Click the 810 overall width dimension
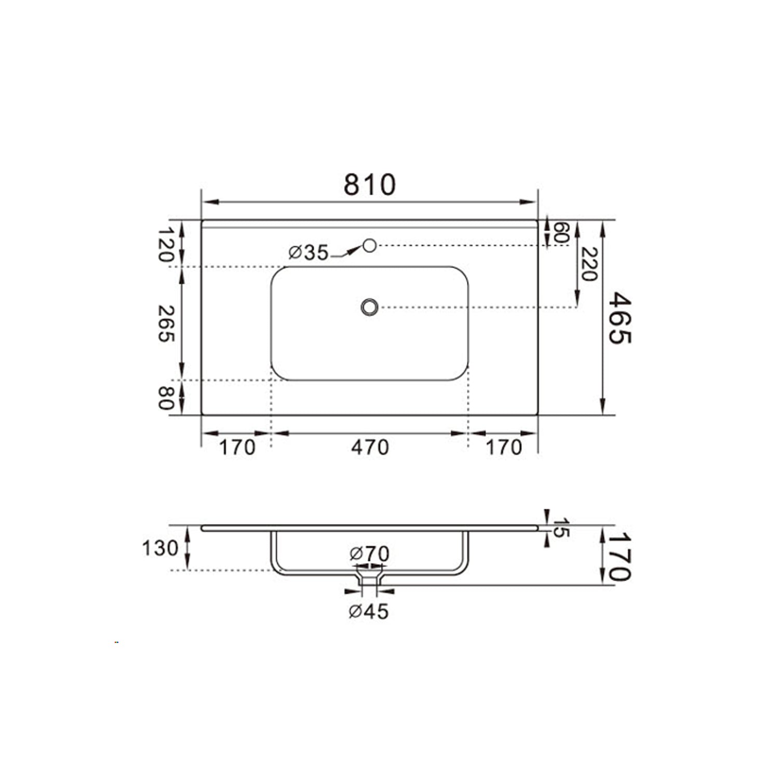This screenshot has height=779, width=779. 369,184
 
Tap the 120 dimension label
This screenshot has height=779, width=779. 165,244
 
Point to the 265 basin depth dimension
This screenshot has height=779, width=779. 165,323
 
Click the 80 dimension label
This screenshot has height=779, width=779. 165,398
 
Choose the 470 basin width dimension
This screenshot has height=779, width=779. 369,447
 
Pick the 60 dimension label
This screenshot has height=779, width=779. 561,233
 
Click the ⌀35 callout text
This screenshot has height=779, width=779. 309,253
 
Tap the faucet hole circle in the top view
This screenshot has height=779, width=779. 369,245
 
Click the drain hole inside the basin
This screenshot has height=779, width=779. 369,307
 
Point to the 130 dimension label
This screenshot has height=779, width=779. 160,548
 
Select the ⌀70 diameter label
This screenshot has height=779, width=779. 369,554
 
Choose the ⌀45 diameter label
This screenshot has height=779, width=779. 369,612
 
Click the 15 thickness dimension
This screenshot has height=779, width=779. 561,528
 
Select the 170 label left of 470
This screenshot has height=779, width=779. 237,447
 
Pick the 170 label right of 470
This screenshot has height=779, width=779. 503,447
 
